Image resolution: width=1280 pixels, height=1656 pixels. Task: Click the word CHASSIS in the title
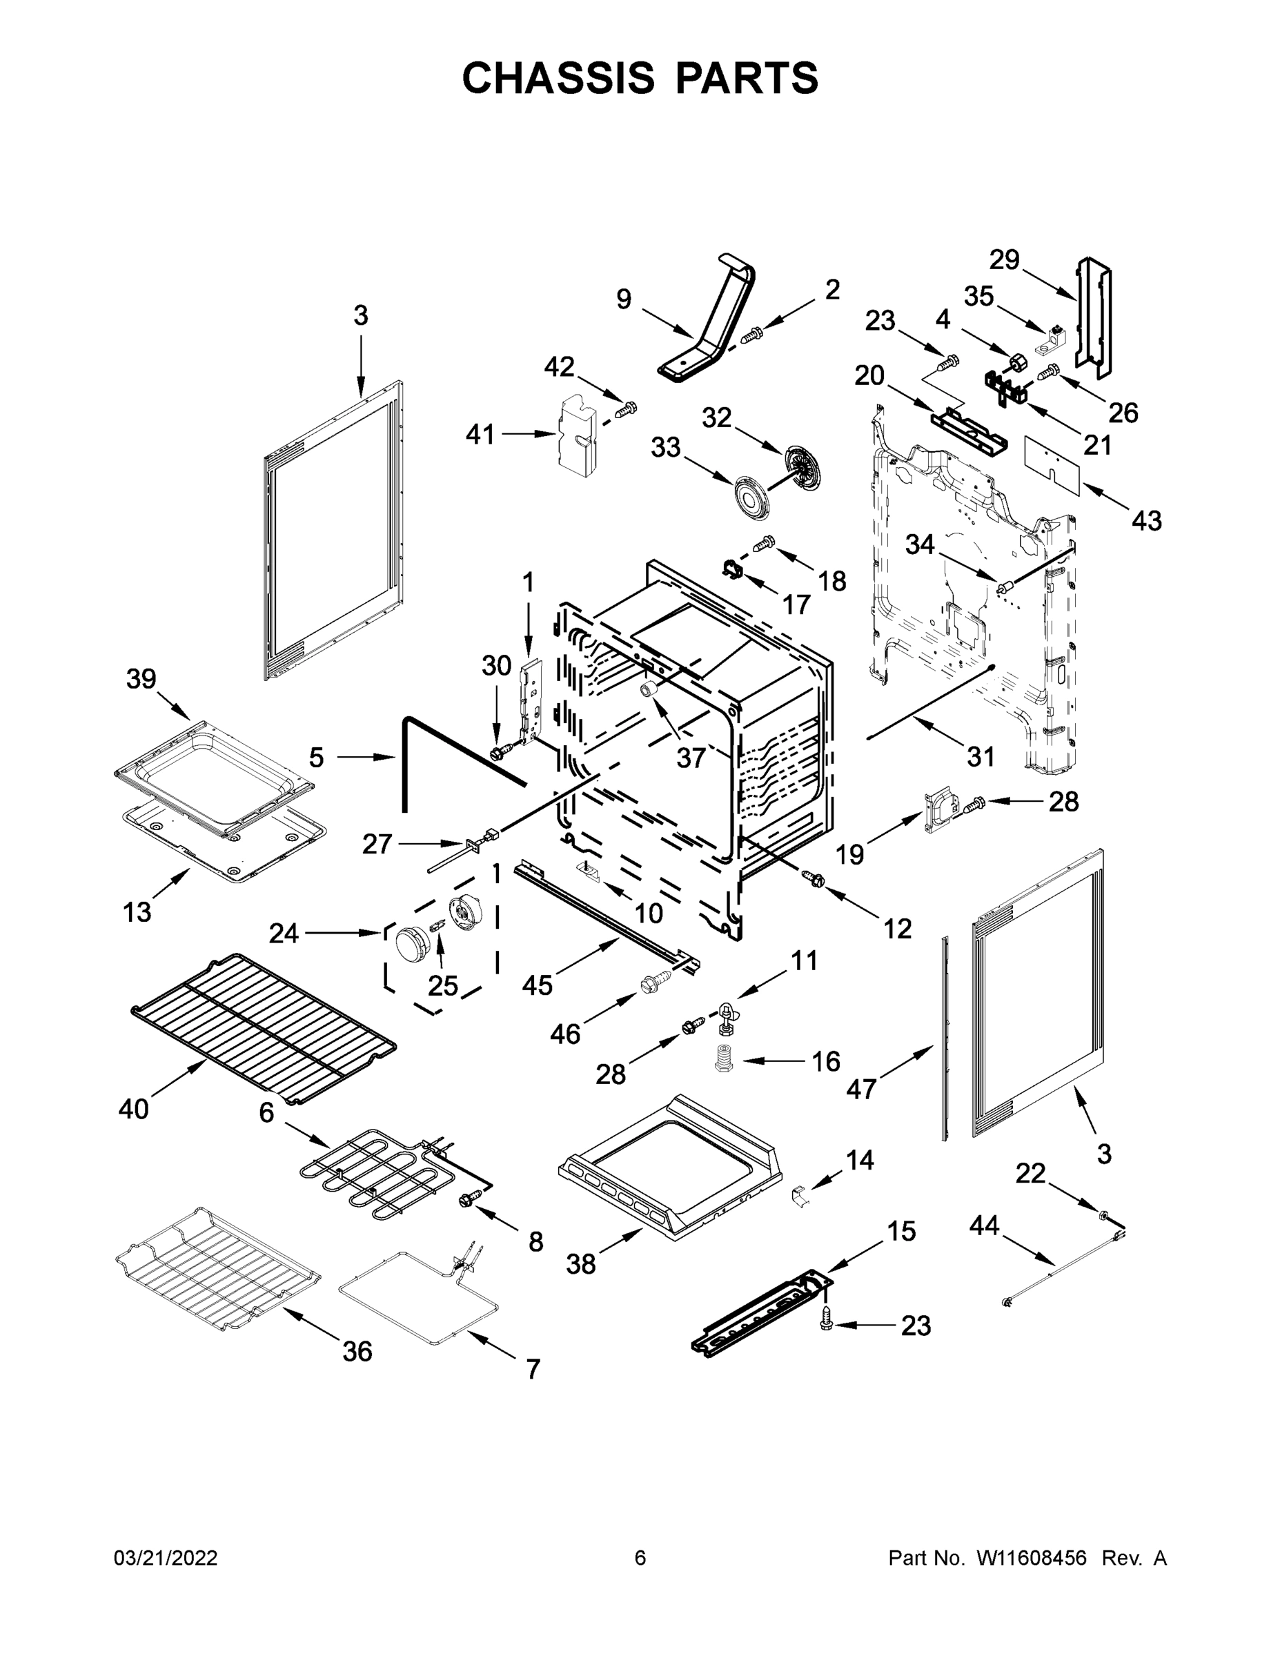coord(558,77)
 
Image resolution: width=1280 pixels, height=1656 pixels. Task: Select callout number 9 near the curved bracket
coord(623,299)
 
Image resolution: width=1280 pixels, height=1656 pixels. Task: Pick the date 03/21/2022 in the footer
coord(166,1558)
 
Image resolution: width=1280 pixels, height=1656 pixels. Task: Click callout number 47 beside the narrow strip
coord(861,1090)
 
